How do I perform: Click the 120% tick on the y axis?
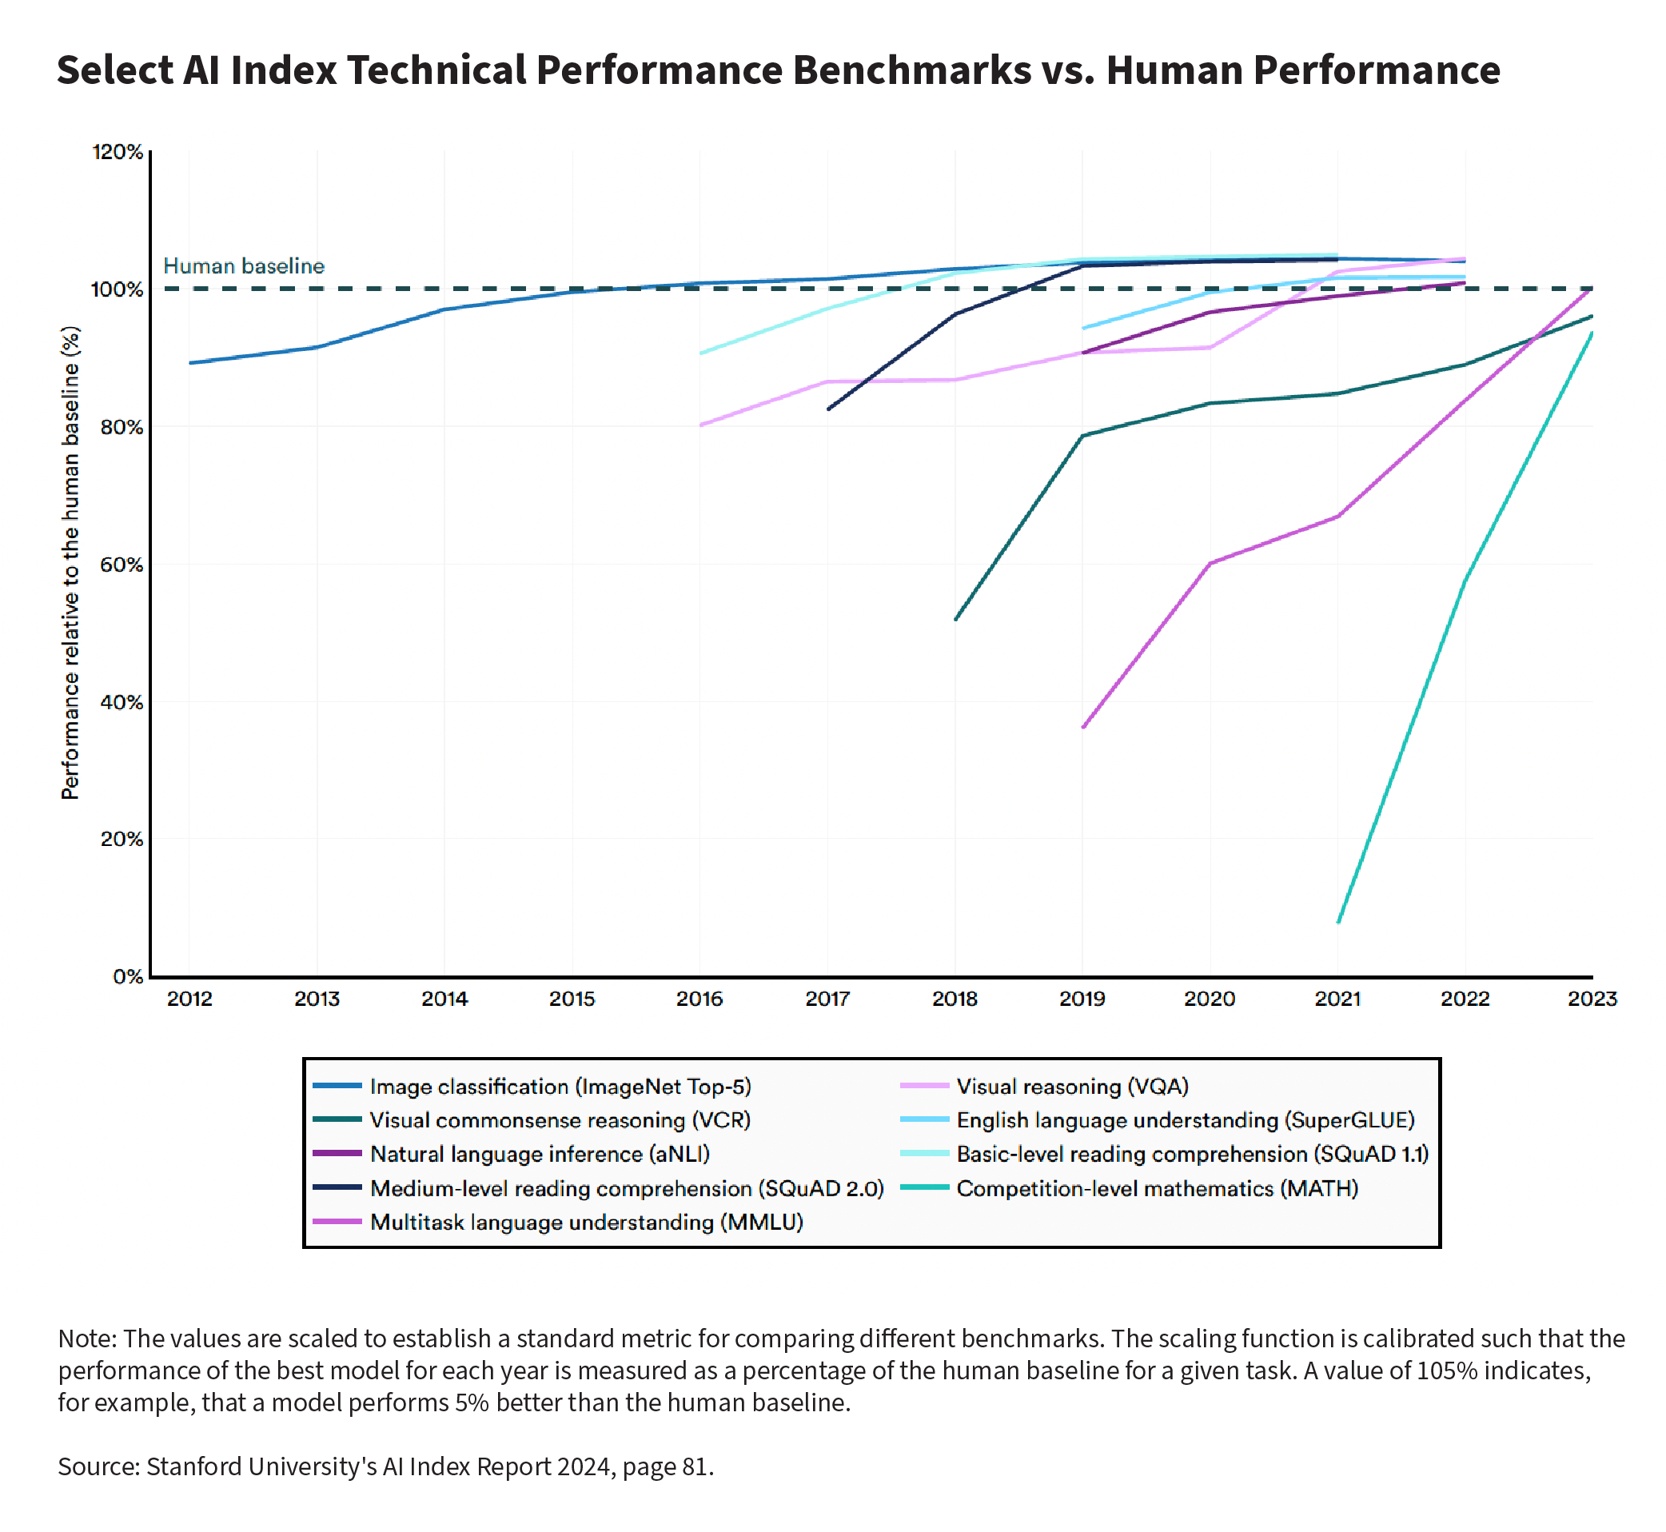(117, 153)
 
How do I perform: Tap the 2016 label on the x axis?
(699, 999)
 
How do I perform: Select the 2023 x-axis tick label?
(1592, 999)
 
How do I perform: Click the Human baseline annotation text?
(244, 266)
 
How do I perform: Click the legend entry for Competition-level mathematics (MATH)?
(1156, 1189)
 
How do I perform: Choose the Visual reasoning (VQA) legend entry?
(1072, 1087)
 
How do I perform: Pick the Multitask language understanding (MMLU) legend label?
(586, 1223)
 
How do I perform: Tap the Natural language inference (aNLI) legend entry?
(540, 1155)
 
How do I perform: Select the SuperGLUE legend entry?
(1185, 1121)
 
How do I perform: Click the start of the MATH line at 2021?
(1337, 922)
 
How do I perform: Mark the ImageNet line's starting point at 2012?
(189, 363)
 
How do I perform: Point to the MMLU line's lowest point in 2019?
(1083, 727)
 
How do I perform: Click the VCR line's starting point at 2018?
(955, 619)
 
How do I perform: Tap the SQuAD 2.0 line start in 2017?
(828, 409)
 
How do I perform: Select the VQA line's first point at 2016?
(700, 425)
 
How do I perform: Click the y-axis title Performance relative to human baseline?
(71, 564)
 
